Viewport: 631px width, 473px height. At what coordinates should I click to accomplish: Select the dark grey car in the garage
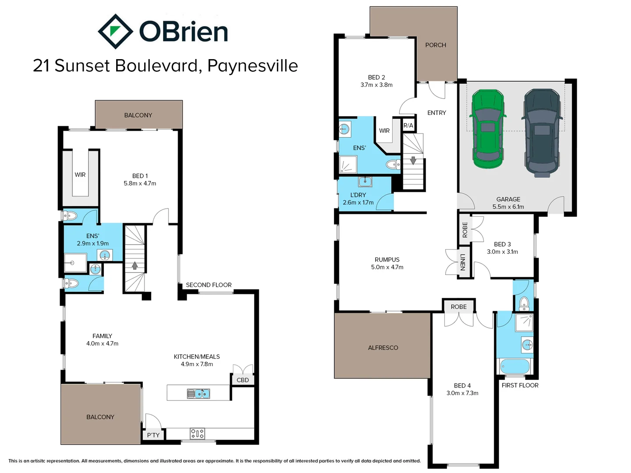(542, 132)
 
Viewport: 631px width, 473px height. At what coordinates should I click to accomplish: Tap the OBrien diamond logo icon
(115, 32)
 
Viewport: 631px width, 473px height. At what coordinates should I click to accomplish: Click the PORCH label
(436, 45)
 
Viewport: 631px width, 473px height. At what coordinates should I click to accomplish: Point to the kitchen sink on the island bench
(199, 393)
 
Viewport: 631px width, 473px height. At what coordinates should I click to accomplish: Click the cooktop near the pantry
(197, 434)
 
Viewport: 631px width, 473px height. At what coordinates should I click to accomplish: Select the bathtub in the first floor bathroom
(515, 366)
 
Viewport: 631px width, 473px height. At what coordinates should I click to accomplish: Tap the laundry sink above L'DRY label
(365, 181)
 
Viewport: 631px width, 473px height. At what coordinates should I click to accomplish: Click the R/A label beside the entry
(408, 126)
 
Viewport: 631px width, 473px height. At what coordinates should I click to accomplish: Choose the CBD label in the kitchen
(243, 380)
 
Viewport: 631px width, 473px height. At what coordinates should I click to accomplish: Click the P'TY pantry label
(153, 435)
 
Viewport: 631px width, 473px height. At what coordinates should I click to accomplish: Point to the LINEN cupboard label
(463, 262)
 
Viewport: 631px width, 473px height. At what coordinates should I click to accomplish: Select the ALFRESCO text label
(383, 348)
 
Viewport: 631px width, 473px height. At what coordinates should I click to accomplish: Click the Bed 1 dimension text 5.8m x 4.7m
(140, 184)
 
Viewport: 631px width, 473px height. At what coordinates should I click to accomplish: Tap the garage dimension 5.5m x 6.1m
(508, 207)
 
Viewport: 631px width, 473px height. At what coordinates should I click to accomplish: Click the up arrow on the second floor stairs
(135, 265)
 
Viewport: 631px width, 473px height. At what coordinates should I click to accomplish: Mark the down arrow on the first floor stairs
(413, 161)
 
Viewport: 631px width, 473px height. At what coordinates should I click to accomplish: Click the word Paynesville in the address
(252, 66)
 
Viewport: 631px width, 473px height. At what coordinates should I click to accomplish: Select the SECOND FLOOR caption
(209, 285)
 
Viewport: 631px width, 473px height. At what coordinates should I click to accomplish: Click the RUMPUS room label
(387, 260)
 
